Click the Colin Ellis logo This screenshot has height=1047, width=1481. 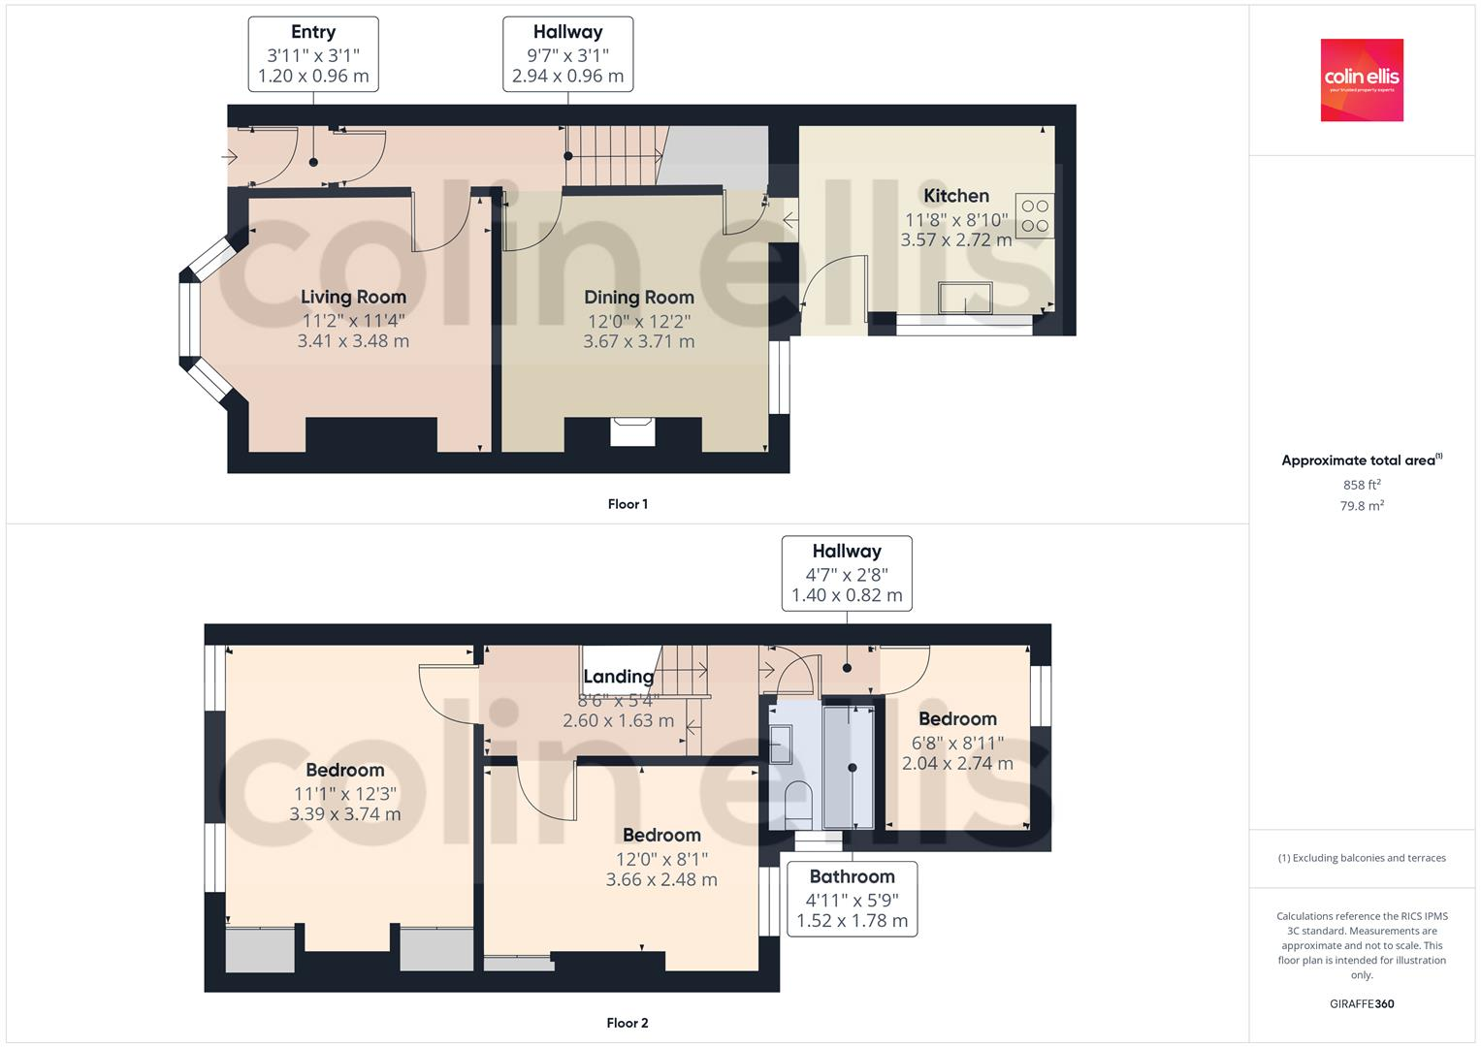click(x=1362, y=80)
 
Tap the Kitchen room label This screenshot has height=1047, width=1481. click(x=955, y=196)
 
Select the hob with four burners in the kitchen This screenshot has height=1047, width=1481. click(x=1035, y=216)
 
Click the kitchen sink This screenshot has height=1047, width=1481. click(x=965, y=298)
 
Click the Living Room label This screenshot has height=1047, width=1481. click(x=353, y=298)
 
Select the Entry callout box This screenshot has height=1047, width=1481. click(x=313, y=54)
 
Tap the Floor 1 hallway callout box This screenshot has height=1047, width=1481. click(x=567, y=54)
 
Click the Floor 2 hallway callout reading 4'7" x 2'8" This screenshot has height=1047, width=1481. click(x=847, y=573)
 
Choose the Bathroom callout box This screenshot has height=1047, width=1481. click(x=852, y=899)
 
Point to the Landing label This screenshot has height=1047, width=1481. click(x=618, y=677)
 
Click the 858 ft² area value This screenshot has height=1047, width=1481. click(x=1362, y=485)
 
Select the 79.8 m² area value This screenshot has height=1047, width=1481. click(x=1362, y=505)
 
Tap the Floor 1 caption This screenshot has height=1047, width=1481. click(x=628, y=504)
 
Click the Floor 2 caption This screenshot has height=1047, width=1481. click(x=628, y=1023)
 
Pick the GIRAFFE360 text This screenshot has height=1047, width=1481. click(x=1362, y=1004)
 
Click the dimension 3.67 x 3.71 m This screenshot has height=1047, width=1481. click(x=638, y=341)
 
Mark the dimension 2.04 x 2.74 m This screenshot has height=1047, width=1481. click(x=957, y=764)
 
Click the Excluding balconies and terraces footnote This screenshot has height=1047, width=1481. click(x=1362, y=858)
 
